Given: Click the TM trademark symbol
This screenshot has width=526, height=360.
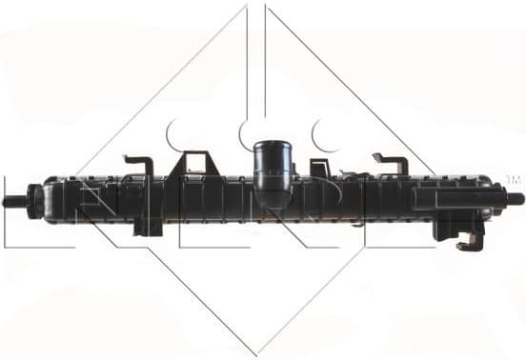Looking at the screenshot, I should point(513,179).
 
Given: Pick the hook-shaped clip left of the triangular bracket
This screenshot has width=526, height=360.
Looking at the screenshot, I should point(139,165).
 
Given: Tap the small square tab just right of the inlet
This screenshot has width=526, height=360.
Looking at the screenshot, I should point(320,169).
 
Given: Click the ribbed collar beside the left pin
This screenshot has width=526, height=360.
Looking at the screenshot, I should point(35,200).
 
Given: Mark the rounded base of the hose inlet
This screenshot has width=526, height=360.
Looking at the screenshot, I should point(273,195).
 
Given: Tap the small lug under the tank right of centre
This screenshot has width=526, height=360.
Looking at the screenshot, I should point(354,223).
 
